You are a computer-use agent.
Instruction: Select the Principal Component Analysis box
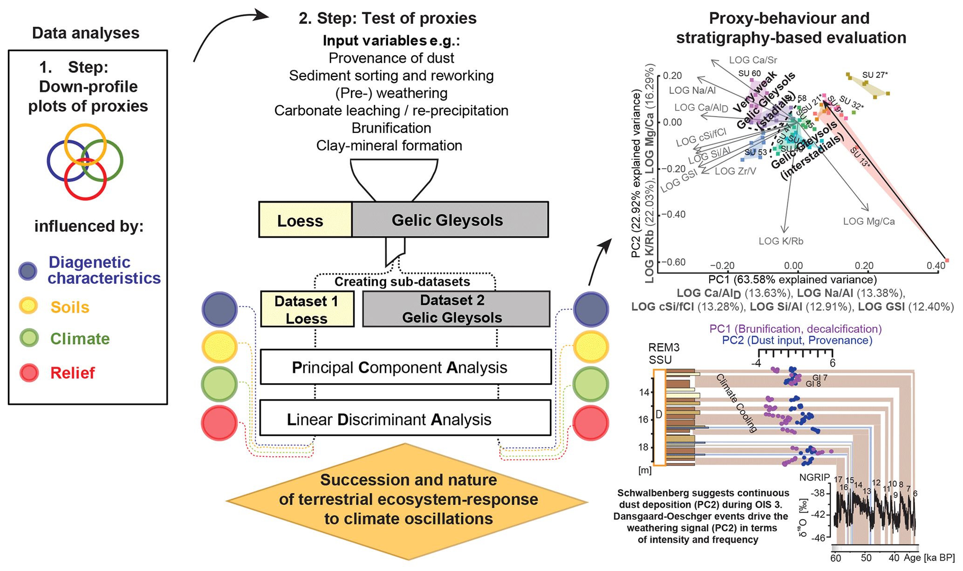[x=405, y=367]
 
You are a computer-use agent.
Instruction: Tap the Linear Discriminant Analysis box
[x=405, y=419]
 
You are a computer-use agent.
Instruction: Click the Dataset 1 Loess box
[x=307, y=310]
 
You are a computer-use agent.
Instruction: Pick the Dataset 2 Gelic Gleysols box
[x=456, y=309]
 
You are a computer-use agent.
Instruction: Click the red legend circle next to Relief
[x=29, y=373]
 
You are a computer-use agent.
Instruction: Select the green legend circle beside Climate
[x=29, y=338]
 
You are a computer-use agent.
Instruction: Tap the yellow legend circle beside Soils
[x=29, y=306]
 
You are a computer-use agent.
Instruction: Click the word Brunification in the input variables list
[x=391, y=128]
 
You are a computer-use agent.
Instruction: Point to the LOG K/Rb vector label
[x=781, y=241]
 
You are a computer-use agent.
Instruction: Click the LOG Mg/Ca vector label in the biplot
[x=868, y=222]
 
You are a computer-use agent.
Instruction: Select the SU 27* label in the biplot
[x=874, y=75]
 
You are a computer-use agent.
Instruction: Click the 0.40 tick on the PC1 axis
[x=936, y=266]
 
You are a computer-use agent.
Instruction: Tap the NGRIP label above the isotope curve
[x=814, y=478]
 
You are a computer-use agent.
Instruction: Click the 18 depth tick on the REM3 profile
[x=644, y=447]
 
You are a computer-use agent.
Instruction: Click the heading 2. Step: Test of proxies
[x=387, y=19]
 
